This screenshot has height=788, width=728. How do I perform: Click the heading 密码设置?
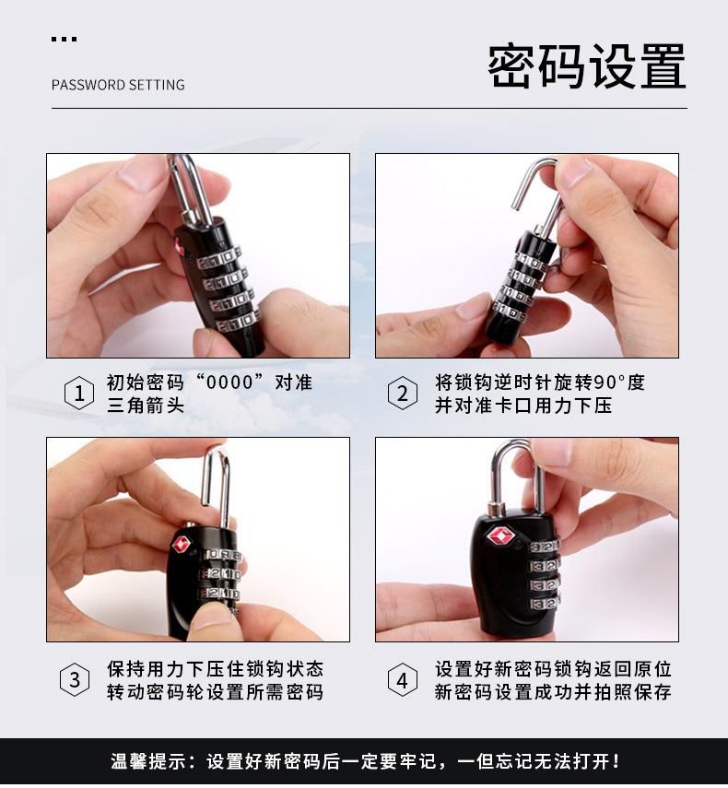587,65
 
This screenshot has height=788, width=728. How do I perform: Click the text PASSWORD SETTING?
118,85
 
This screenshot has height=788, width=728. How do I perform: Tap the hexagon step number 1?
79,393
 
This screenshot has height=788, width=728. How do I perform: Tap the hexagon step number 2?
403,393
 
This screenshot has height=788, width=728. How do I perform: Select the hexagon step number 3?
75,679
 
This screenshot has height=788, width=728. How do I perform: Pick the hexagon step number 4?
403,679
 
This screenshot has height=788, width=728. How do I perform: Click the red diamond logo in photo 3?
182,544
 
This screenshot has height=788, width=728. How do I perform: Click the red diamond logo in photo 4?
499,535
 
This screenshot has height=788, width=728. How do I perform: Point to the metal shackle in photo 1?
190,191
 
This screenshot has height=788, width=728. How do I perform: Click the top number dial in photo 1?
218,258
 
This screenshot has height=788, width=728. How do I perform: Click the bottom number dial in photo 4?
544,603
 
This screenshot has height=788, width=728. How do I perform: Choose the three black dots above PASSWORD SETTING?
64,39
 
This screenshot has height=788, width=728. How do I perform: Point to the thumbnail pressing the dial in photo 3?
212,617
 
